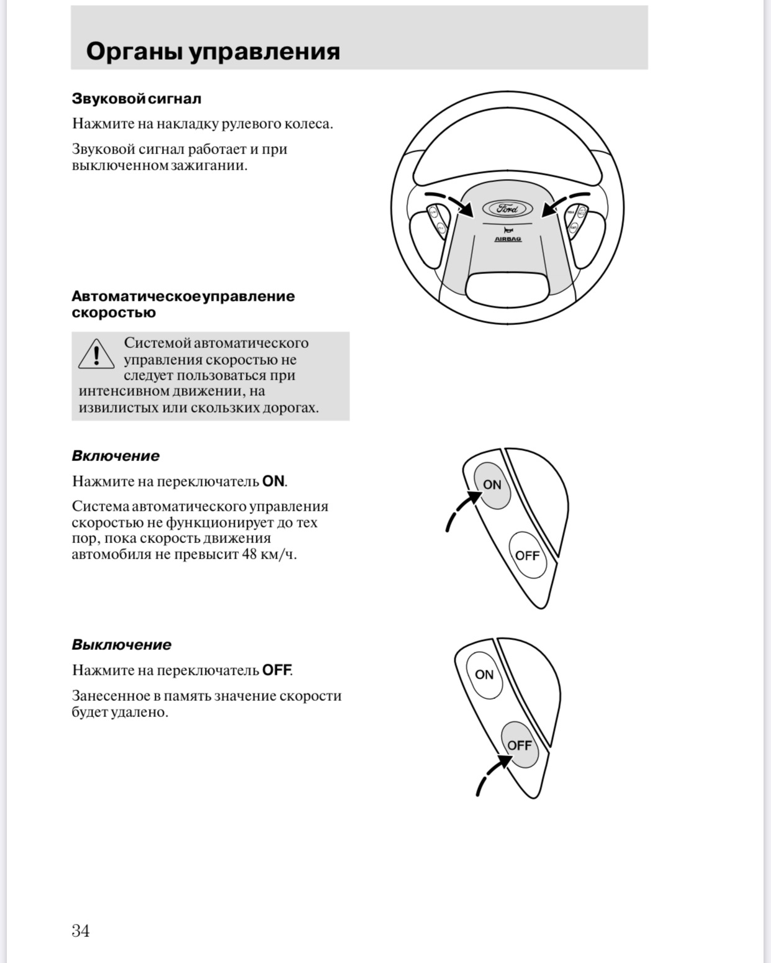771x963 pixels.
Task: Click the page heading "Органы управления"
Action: click(213, 51)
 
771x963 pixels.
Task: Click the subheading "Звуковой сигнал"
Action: click(137, 99)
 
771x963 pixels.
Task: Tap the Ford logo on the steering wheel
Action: click(508, 209)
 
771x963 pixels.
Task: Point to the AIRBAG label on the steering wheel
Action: click(508, 239)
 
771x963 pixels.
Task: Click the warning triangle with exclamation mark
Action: click(96, 355)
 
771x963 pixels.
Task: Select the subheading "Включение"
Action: click(115, 456)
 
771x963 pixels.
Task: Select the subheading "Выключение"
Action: click(122, 645)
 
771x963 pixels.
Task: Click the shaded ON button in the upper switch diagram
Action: click(492, 485)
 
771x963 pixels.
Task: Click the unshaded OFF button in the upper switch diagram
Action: click(527, 555)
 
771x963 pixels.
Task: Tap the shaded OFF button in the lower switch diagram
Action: click(520, 745)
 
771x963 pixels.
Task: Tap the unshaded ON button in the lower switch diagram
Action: click(484, 675)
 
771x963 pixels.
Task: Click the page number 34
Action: click(81, 931)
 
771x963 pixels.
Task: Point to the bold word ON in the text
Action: click(273, 482)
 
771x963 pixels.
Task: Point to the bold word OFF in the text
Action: click(276, 670)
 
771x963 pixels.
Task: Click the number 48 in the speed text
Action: click(250, 554)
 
